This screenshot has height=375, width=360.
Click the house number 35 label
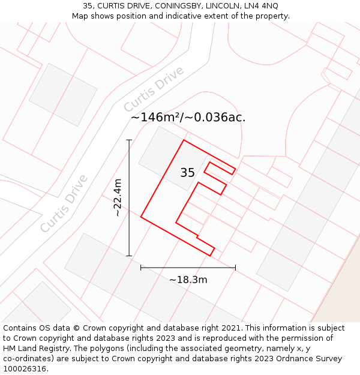coord(187,173)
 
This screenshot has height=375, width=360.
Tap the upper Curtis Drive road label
coord(154,89)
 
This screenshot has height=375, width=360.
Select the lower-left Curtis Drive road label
coord(64,203)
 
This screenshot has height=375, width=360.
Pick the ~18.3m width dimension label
coord(188,280)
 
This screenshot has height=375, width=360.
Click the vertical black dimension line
coord(129,198)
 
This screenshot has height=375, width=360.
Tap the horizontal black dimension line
coord(188,268)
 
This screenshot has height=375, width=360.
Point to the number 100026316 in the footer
coord(24,369)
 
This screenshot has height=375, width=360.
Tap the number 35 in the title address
coord(88,5)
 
